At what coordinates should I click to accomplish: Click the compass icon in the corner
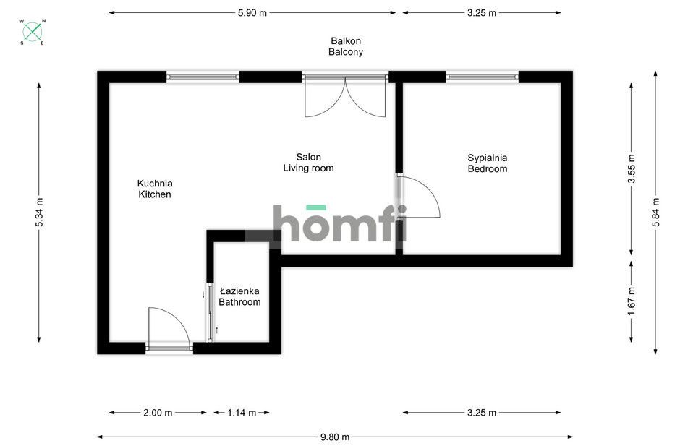[x=33, y=32]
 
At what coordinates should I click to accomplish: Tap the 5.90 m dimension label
[x=252, y=12]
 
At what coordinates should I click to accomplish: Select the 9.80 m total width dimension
[x=335, y=437]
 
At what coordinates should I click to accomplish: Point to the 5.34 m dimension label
[x=39, y=213]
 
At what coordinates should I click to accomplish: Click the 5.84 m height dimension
[x=655, y=212]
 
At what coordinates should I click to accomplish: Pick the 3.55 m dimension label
[x=632, y=168]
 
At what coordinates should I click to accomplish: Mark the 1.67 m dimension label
[x=632, y=301]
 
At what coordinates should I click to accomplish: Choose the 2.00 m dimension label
[x=158, y=413]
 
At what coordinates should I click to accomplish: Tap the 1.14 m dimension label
[x=242, y=413]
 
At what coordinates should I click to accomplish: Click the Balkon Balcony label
[x=346, y=46]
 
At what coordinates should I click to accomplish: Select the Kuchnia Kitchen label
[x=155, y=189]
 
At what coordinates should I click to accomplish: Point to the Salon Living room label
[x=308, y=163]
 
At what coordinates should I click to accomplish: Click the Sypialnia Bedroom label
[x=488, y=163]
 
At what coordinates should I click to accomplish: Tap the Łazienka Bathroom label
[x=239, y=296]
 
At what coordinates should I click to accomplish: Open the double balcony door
[x=345, y=96]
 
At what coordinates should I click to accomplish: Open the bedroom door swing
[x=418, y=197]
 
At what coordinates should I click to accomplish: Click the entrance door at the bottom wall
[x=169, y=329]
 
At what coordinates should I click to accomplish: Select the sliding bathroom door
[x=210, y=312]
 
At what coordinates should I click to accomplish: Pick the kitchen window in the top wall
[x=203, y=77]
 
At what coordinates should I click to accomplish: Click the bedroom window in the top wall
[x=483, y=77]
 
